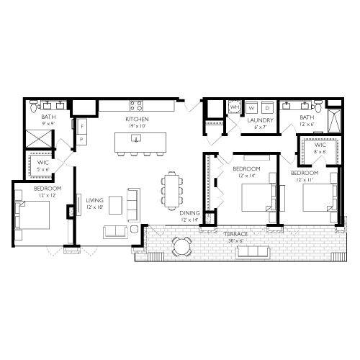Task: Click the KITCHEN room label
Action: click(x=136, y=118)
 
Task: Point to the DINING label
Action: click(x=190, y=213)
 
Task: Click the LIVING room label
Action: click(x=94, y=201)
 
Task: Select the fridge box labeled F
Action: click(x=81, y=127)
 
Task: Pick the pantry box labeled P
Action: click(x=81, y=139)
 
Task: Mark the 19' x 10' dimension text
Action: click(x=136, y=125)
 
